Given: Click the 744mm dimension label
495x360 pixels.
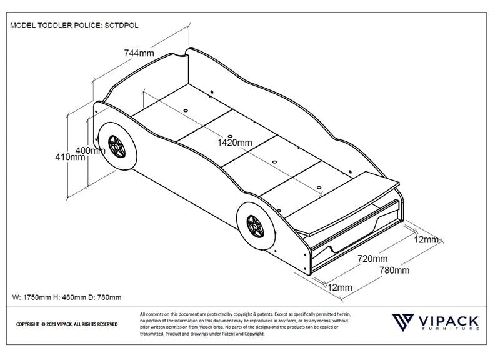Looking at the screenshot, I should point(139,53).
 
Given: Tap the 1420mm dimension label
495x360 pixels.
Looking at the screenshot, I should point(234,142).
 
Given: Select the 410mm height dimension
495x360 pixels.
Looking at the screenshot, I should point(70,157).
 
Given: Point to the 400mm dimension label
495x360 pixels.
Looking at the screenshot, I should point(89,150).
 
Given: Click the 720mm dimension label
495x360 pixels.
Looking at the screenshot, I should point(372,259).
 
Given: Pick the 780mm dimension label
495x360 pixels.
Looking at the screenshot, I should point(394,270).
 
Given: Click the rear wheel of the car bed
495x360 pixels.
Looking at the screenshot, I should point(116,148).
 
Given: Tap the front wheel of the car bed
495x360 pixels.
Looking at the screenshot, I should point(254,226).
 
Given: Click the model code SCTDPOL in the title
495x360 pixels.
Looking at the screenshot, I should point(118,26).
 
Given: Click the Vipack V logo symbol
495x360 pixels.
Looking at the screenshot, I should point(402,322).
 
